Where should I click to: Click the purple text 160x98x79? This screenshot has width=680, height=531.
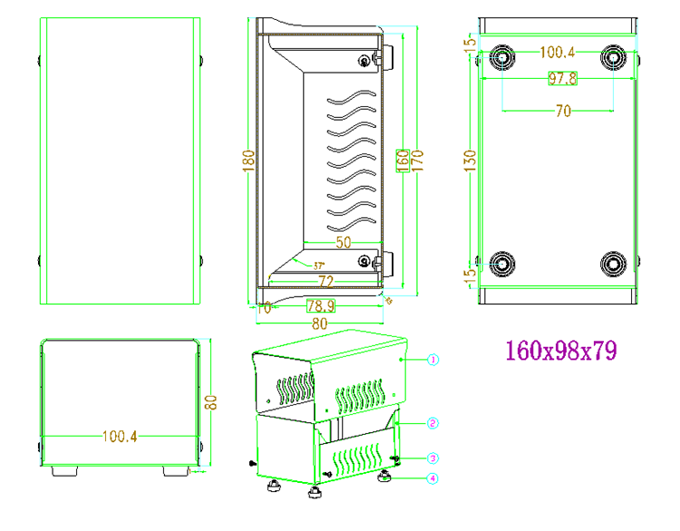[561, 350]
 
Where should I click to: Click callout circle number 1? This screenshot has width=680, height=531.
[432, 360]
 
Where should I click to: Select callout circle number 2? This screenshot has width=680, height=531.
[432, 423]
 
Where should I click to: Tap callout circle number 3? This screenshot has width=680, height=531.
[432, 457]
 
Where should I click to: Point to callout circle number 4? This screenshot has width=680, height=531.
[432, 478]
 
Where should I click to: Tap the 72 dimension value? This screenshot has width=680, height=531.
[324, 280]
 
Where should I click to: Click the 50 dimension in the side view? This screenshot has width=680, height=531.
[344, 242]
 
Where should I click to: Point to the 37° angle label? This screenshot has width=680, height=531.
[319, 266]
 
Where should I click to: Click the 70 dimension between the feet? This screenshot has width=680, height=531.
[562, 111]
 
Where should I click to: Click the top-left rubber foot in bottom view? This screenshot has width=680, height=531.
[501, 58]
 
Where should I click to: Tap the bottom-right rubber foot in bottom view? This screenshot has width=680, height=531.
[614, 265]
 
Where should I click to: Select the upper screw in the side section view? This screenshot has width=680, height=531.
[364, 61]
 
